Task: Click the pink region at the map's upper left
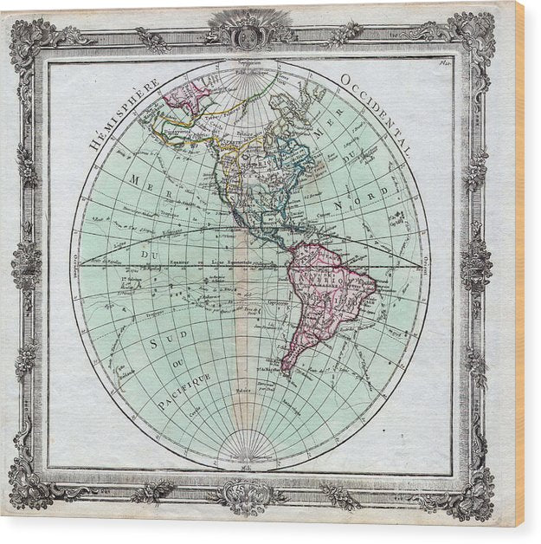187,95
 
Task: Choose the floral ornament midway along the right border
475,264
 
